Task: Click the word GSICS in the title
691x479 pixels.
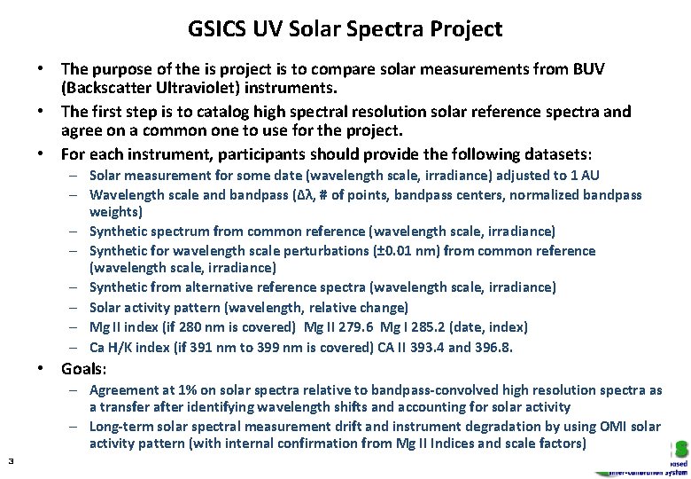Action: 217,29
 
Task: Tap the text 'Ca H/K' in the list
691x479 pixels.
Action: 111,346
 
